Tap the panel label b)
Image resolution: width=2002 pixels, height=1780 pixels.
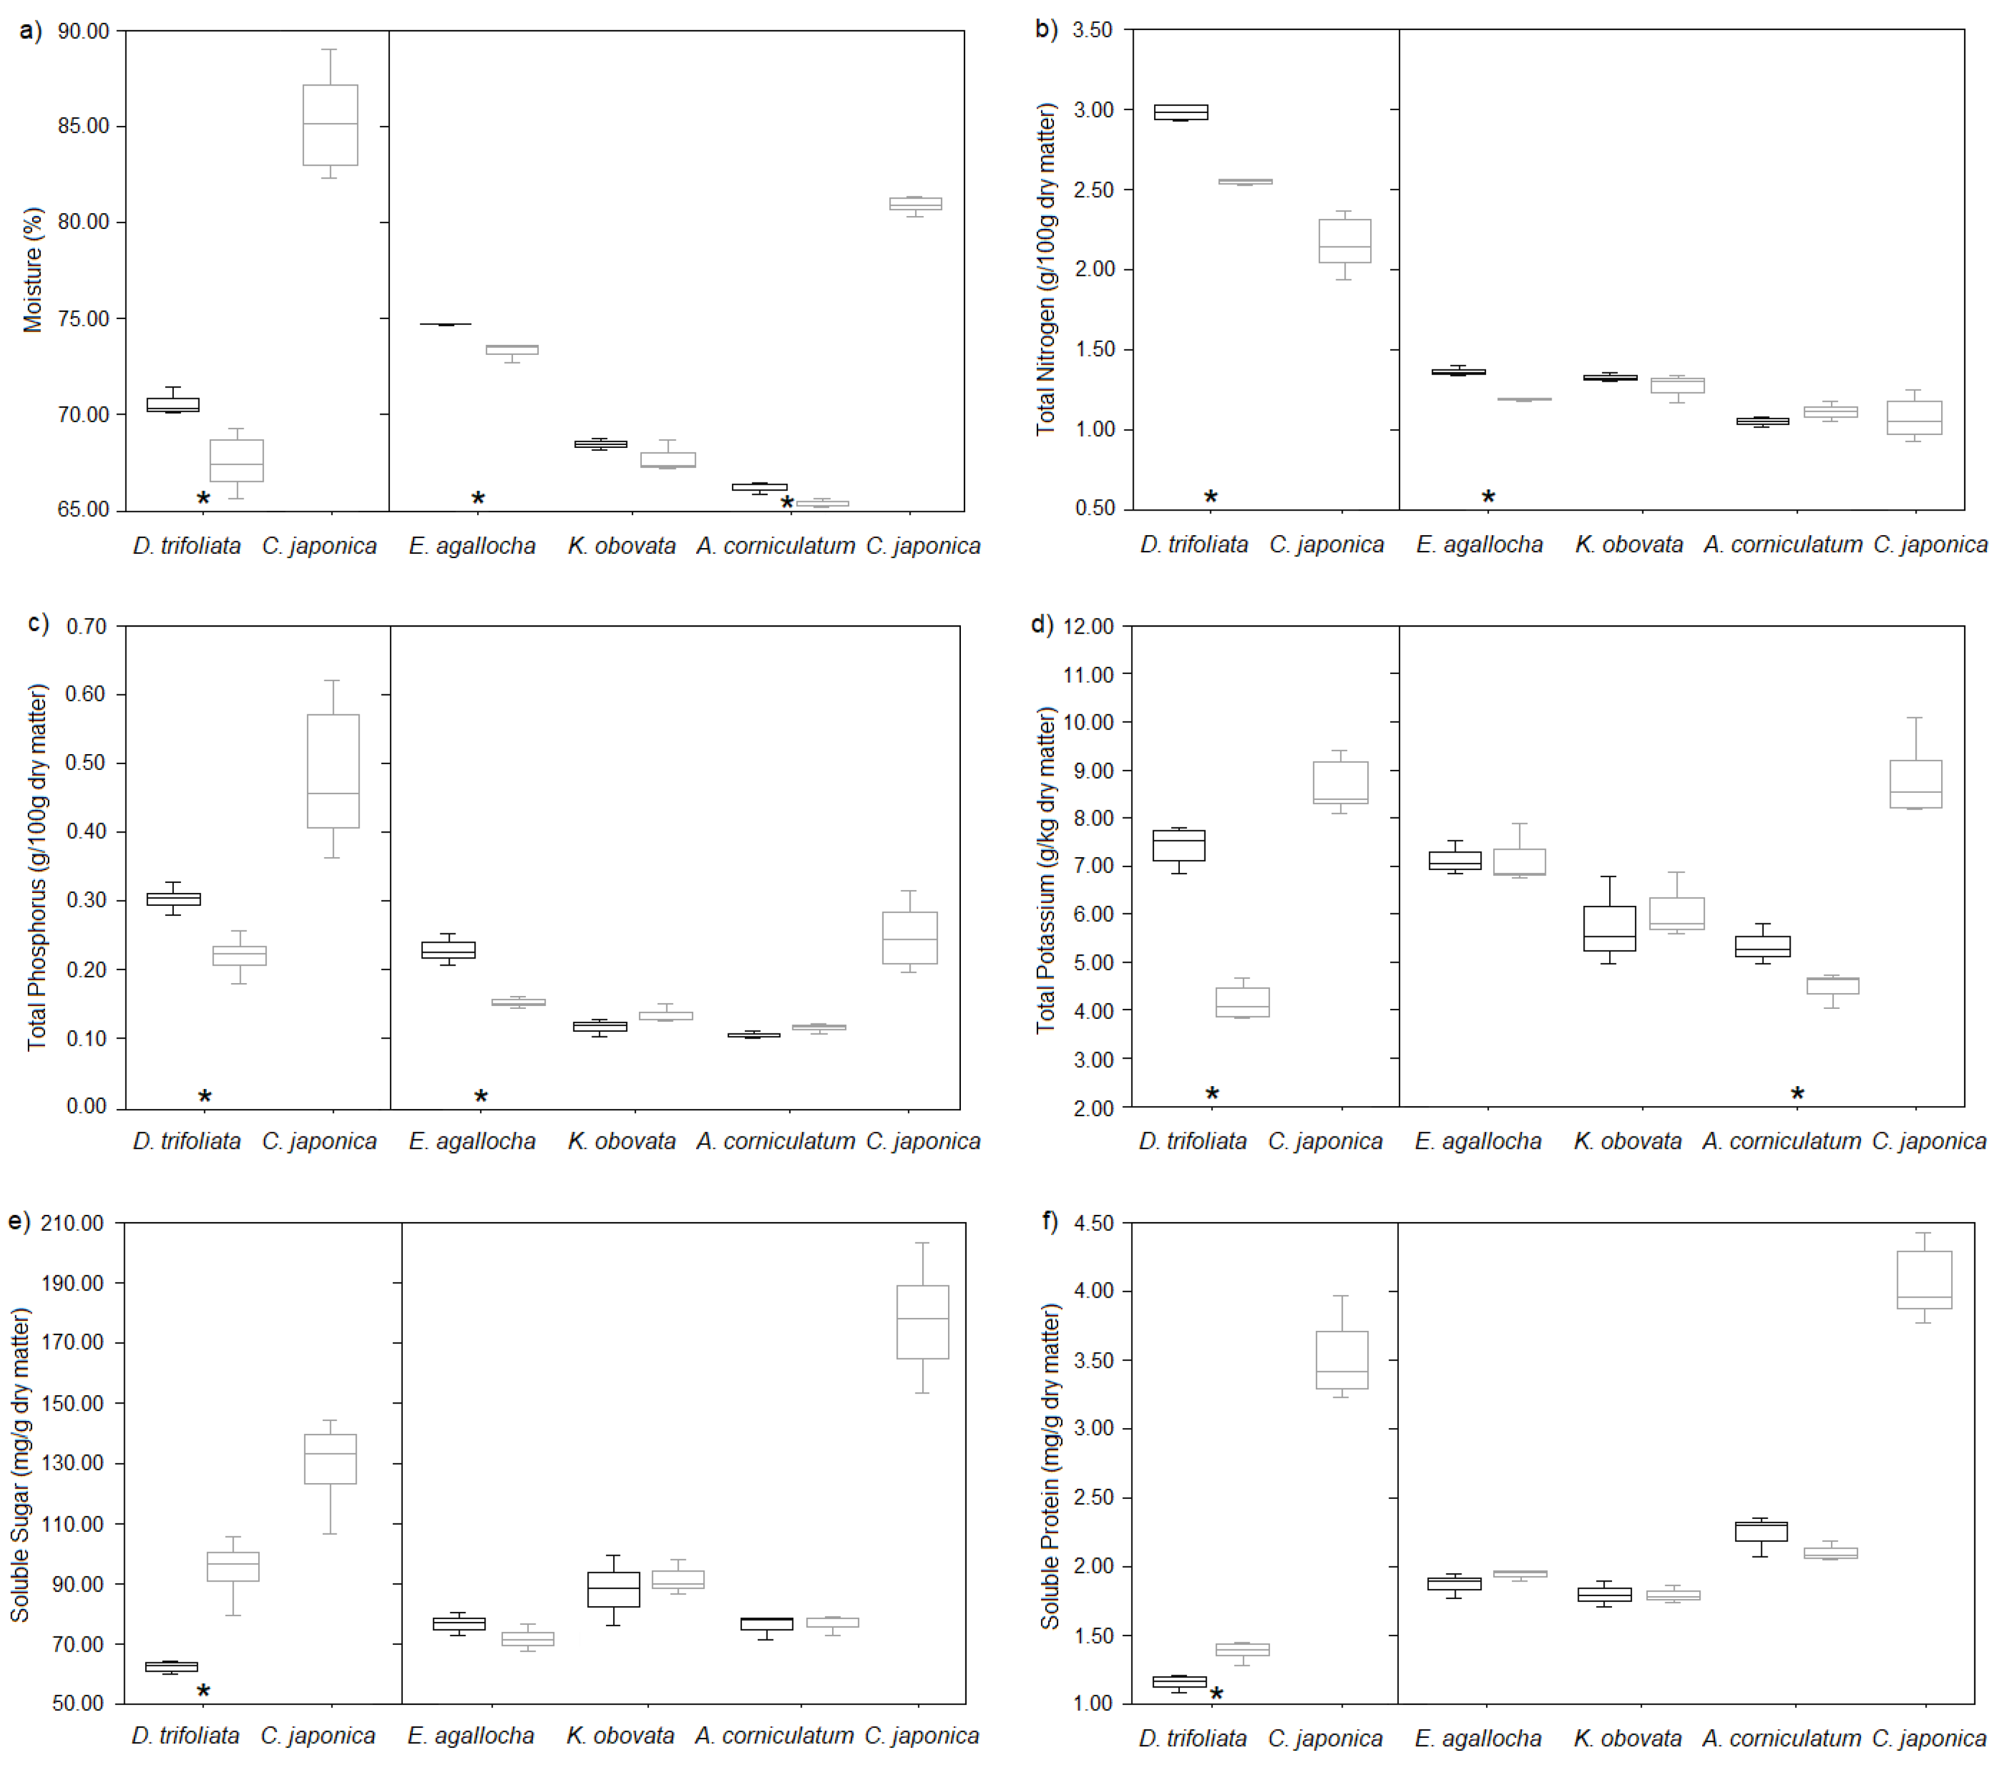(x=1046, y=29)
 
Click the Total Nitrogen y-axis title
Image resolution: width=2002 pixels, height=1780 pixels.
(x=1046, y=269)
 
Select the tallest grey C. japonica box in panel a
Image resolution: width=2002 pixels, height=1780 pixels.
(x=330, y=125)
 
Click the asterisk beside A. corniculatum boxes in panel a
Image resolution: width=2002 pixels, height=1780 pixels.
(x=786, y=504)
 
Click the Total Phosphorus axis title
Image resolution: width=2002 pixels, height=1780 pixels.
(x=37, y=867)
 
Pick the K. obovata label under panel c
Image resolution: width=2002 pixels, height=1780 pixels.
(x=622, y=1141)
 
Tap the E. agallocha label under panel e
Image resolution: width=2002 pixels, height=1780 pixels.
(x=471, y=1736)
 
